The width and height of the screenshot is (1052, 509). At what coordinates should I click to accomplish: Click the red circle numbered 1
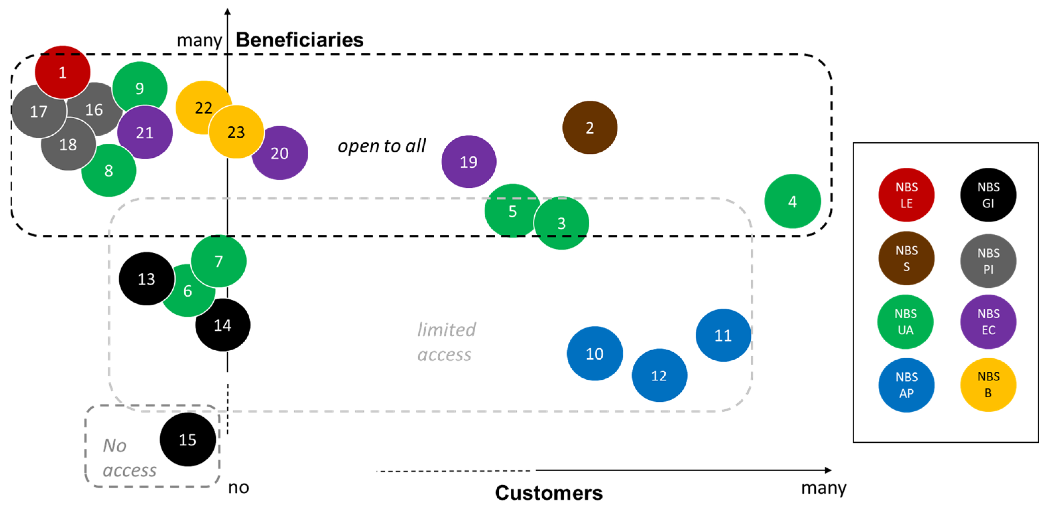click(x=62, y=72)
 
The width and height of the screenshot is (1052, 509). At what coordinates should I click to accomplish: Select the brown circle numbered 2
click(x=590, y=128)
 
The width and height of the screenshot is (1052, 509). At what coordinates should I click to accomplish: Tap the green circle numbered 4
click(x=792, y=201)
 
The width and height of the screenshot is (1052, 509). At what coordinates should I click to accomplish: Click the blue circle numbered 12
click(x=659, y=375)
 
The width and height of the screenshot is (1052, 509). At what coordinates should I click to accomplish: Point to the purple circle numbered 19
click(x=469, y=162)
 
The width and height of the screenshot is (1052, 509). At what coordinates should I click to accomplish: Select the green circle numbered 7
click(x=219, y=261)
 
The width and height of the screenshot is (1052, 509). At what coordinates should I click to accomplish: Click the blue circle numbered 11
click(x=723, y=335)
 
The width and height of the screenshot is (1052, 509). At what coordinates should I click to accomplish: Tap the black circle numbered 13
click(x=146, y=279)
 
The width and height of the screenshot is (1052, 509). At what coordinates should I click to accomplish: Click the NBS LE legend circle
click(x=906, y=195)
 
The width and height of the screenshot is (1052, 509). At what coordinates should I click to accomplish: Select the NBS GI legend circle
click(x=988, y=195)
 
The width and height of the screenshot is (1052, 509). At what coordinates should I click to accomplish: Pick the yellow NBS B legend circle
click(x=988, y=384)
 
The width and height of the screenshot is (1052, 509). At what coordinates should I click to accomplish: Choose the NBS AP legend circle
click(x=906, y=385)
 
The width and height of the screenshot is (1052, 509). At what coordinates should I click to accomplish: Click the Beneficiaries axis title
click(x=299, y=40)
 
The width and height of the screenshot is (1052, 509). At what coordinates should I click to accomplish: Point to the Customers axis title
click(x=549, y=493)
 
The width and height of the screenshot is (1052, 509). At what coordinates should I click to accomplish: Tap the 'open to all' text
click(x=381, y=146)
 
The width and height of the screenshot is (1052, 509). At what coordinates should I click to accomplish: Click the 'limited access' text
click(x=446, y=342)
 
